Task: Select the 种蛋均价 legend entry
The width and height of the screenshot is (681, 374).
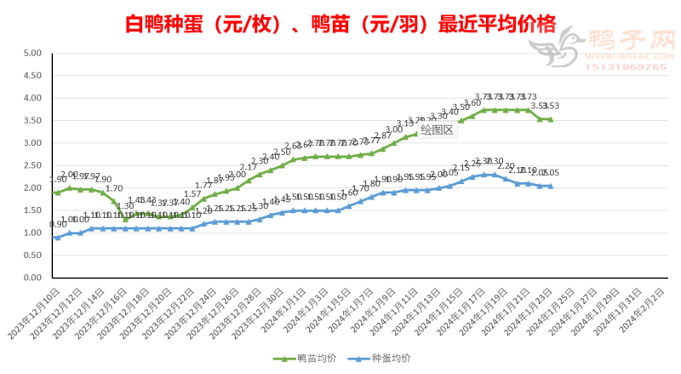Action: point(386,358)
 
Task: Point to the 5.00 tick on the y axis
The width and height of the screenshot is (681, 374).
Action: point(32,53)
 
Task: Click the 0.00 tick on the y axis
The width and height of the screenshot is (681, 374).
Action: point(32,278)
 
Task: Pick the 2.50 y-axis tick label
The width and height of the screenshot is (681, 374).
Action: point(32,165)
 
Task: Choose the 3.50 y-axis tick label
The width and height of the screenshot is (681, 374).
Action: point(32,120)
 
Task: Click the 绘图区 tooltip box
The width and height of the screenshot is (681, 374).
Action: point(438,130)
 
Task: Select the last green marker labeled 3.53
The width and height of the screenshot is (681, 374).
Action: point(550,119)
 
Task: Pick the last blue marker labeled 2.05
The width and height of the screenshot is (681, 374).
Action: point(550,186)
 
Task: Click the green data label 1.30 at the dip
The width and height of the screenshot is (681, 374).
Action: point(125,206)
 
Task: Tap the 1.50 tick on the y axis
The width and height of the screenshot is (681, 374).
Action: point(32,210)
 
